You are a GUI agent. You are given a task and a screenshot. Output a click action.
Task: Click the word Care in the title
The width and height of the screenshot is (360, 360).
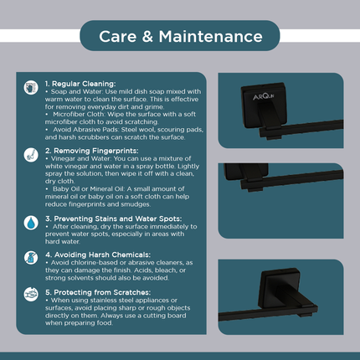tap(121, 36)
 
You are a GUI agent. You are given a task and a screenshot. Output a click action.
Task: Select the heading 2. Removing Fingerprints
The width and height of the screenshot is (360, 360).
tap(87, 152)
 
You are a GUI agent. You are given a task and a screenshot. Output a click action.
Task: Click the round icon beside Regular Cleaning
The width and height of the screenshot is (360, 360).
tap(31, 86)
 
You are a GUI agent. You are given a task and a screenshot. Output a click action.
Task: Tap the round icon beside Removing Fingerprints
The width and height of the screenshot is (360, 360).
tap(31, 154)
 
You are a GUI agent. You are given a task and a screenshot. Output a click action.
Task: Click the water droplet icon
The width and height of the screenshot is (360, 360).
tap(31, 224)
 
